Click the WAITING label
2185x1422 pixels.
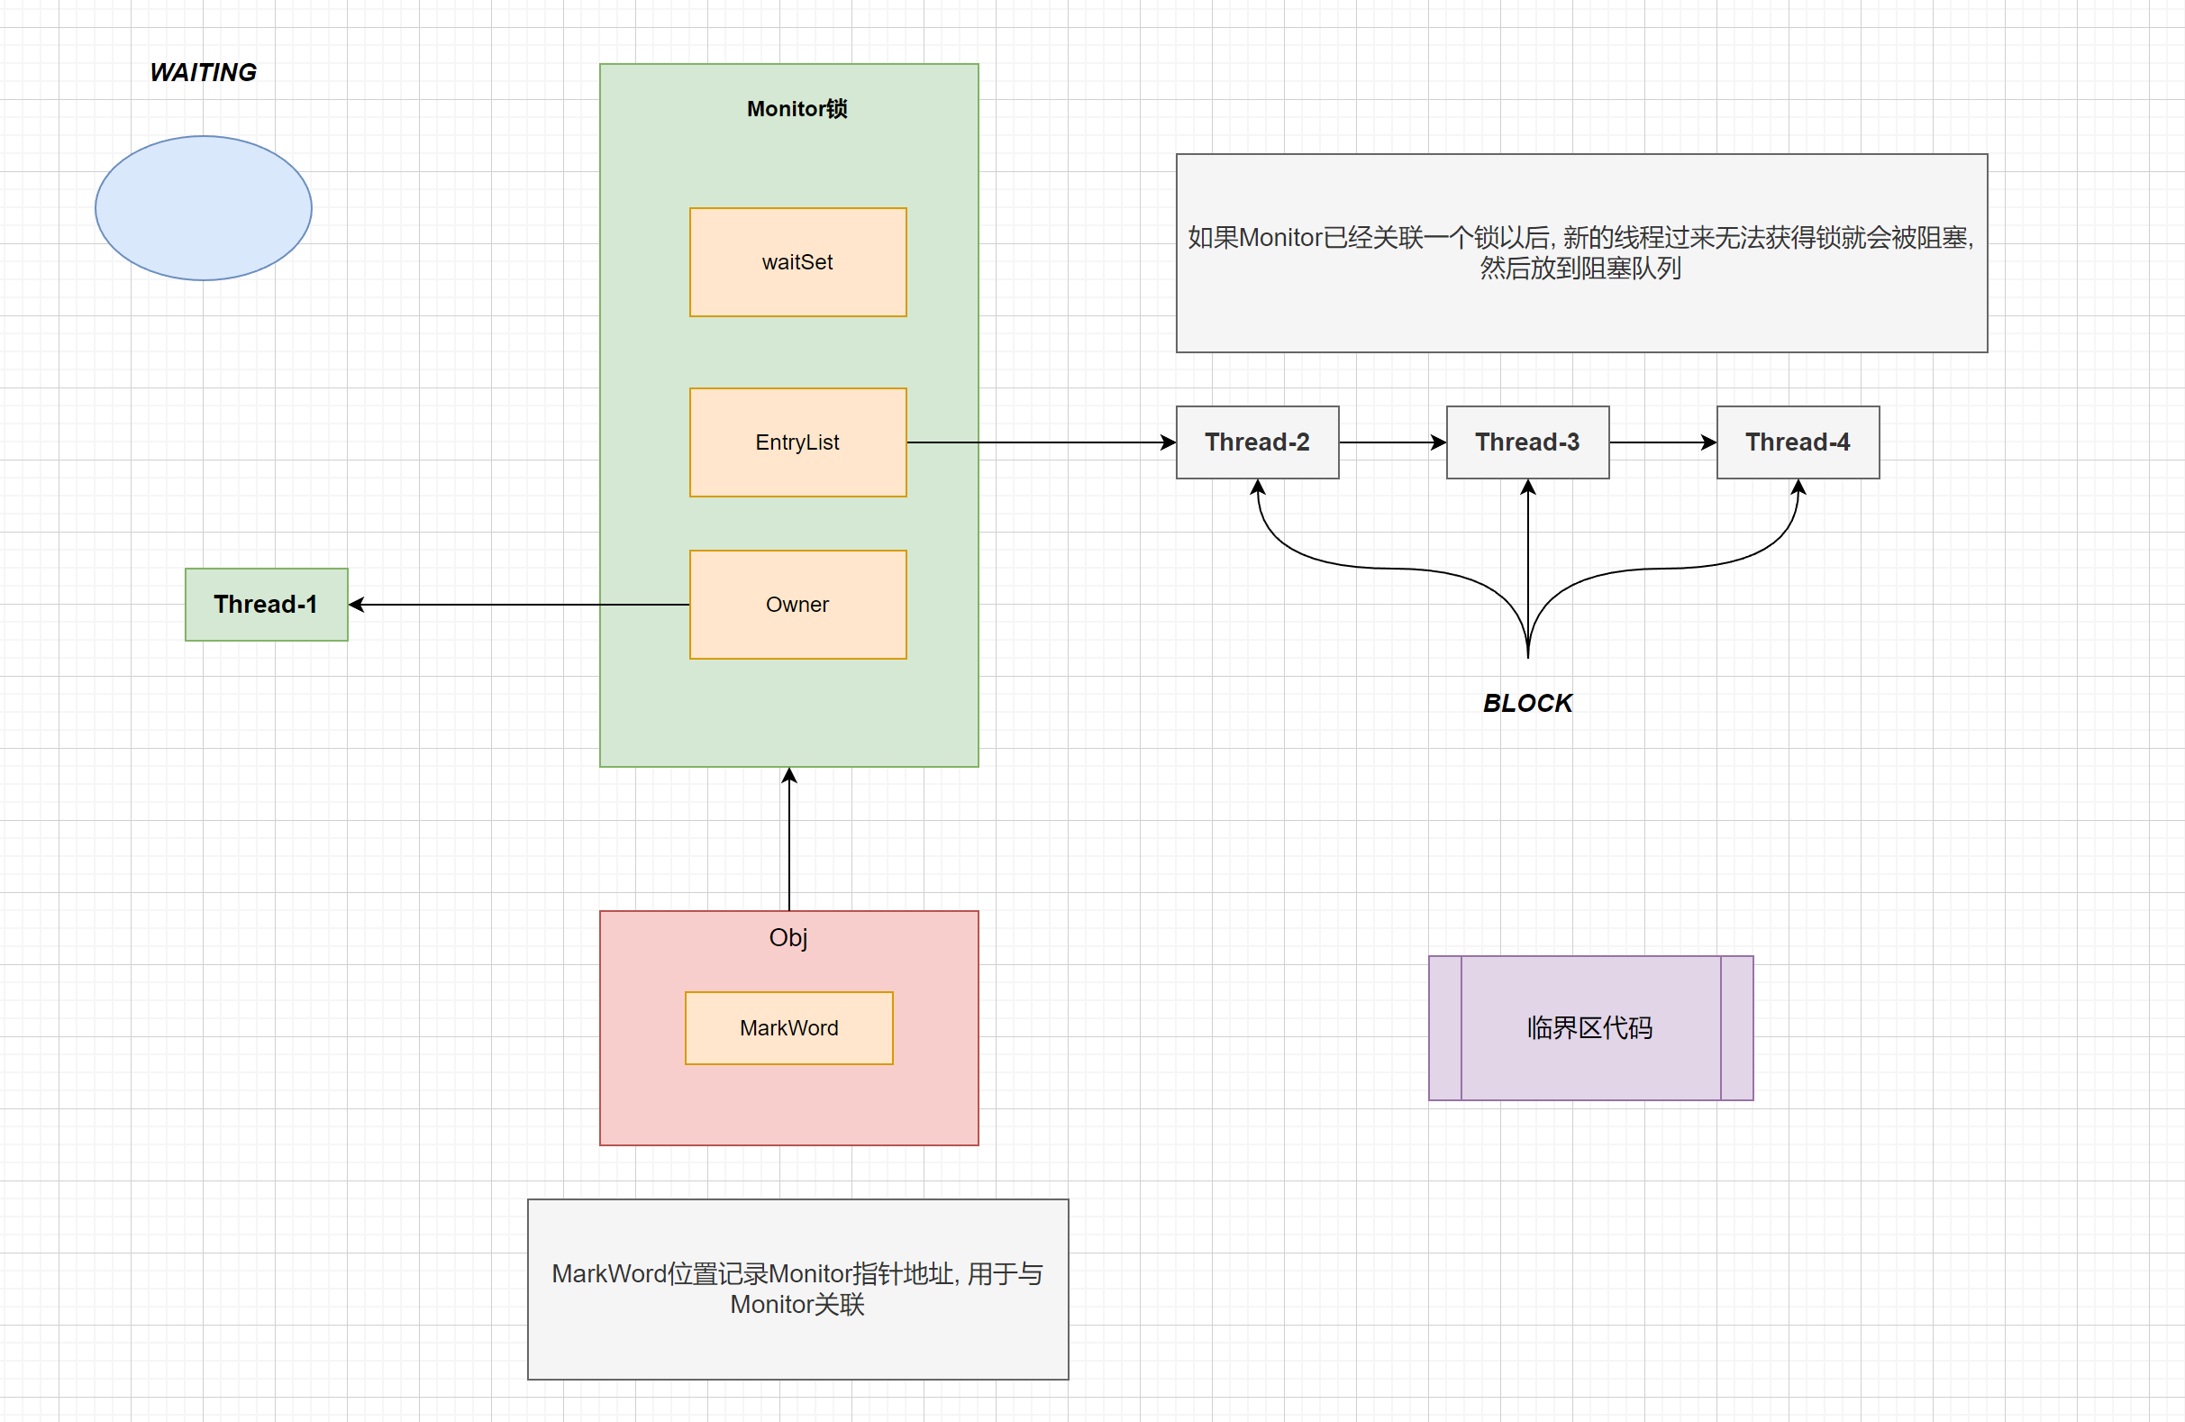203,72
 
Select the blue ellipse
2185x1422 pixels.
203,208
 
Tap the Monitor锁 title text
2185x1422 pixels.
796,109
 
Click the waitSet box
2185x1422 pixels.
797,262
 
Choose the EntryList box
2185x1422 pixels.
797,442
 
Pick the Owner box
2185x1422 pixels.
797,605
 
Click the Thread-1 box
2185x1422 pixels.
266,605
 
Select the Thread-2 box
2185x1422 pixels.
1257,442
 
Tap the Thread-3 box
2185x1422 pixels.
1526,442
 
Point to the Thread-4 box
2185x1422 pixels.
1797,442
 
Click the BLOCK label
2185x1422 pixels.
1526,703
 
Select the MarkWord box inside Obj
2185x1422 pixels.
788,1028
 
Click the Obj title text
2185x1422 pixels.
788,938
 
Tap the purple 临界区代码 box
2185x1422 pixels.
1590,1028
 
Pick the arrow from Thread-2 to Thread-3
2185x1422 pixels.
1392,442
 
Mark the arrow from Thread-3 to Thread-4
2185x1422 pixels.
1662,442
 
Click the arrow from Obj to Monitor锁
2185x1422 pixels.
789,840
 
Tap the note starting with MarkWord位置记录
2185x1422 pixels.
797,1288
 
